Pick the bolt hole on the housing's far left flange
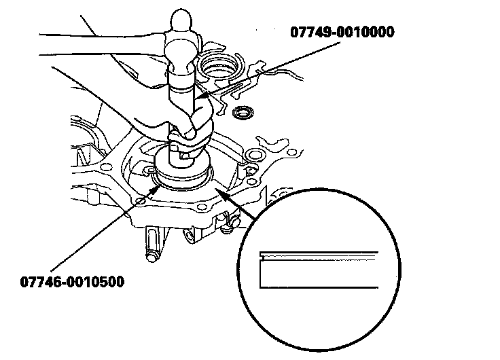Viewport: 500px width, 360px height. (103, 164)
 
